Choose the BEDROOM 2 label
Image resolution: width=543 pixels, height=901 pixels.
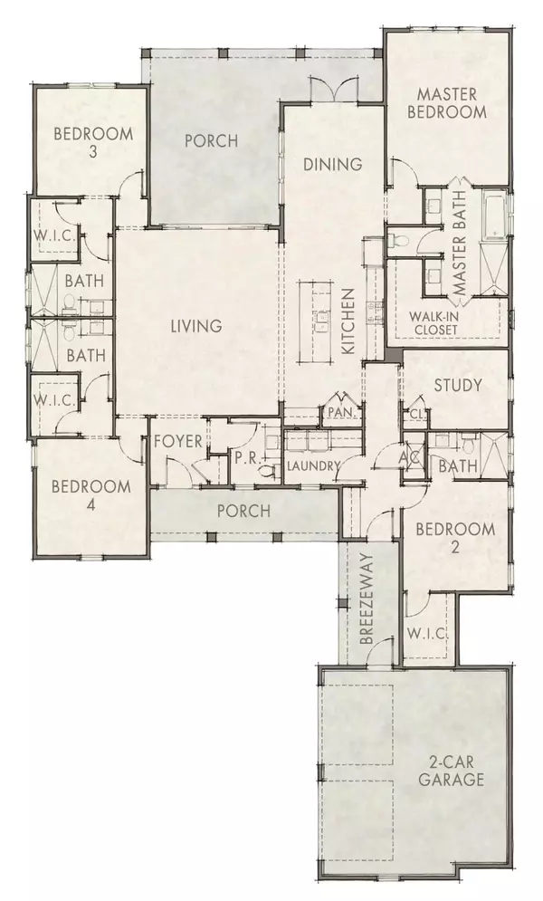coord(455,540)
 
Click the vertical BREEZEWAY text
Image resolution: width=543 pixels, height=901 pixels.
coord(368,611)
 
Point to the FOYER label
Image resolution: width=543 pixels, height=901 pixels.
coord(175,444)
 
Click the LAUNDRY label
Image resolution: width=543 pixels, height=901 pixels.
coord(312,467)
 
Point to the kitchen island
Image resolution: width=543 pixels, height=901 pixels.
coord(319,319)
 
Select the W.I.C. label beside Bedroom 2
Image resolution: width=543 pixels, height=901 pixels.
coord(429,632)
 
